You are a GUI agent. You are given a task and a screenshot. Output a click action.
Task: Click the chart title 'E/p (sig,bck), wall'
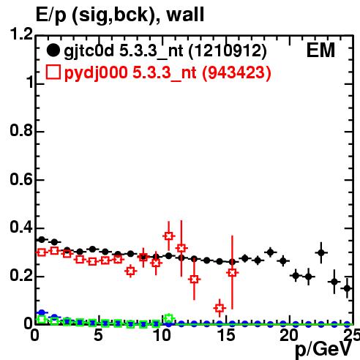click(120, 15)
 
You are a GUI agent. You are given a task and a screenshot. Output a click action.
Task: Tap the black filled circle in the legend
click(53, 50)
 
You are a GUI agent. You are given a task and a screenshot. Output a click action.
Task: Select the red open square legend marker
click(53, 72)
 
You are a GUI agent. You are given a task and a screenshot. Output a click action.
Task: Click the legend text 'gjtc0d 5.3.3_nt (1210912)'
click(165, 51)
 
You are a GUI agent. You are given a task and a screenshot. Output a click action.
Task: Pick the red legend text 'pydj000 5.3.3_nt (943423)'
click(168, 73)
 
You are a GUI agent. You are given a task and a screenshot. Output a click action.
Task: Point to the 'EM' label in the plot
click(320, 50)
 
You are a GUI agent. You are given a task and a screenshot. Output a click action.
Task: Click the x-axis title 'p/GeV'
click(323, 349)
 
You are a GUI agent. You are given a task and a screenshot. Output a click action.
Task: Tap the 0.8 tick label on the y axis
click(21, 130)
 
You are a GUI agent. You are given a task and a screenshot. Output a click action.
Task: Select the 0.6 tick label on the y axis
click(21, 179)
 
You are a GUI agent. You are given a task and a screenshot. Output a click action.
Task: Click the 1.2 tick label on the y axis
click(21, 34)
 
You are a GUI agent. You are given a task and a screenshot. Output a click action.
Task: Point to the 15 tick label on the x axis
click(227, 335)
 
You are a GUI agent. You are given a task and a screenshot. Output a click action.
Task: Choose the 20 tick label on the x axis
click(290, 335)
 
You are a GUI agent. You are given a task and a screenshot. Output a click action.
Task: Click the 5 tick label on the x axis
click(99, 335)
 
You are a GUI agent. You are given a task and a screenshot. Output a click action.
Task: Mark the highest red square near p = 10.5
click(168, 236)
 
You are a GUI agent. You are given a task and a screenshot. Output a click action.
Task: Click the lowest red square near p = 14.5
click(220, 308)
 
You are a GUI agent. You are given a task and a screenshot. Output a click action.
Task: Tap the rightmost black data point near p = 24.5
click(347, 288)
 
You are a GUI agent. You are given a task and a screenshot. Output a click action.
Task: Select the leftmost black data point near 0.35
click(42, 239)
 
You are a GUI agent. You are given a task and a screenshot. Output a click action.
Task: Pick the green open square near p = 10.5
click(169, 318)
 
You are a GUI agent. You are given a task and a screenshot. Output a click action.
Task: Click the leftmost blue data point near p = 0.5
click(42, 312)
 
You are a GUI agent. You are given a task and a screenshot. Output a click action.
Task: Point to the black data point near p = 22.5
click(321, 252)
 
